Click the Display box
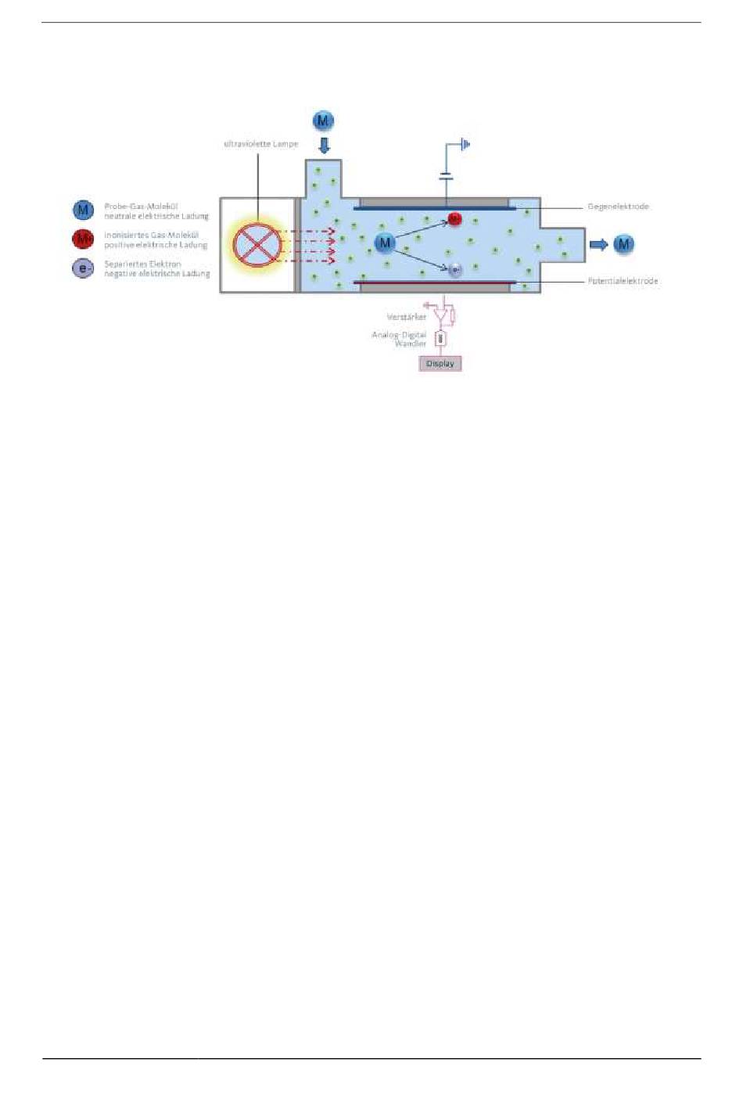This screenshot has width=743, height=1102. tap(440, 363)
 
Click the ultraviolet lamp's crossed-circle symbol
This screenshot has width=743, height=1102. tap(257, 245)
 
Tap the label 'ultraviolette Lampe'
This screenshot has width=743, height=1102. tap(260, 144)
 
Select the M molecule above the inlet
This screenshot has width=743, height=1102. tap(323, 121)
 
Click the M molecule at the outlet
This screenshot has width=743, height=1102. tap(623, 244)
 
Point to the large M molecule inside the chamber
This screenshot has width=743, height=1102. tap(384, 243)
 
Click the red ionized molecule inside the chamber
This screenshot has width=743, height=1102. tap(454, 218)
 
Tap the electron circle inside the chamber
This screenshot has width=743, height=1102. tap(454, 270)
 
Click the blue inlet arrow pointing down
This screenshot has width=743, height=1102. tap(324, 145)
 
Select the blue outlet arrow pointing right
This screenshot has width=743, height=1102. tap(598, 244)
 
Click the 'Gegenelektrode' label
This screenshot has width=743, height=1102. tap(618, 207)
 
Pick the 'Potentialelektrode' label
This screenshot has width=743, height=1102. tap(623, 281)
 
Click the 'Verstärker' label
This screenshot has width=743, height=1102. tap(407, 317)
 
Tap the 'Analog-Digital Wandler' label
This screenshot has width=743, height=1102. tap(400, 339)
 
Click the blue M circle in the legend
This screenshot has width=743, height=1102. tap(84, 210)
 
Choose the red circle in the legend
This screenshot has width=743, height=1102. tap(84, 239)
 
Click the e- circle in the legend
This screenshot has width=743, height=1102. tap(84, 268)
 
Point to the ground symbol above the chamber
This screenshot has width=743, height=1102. tap(465, 144)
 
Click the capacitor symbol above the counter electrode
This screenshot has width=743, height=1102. tap(446, 177)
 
